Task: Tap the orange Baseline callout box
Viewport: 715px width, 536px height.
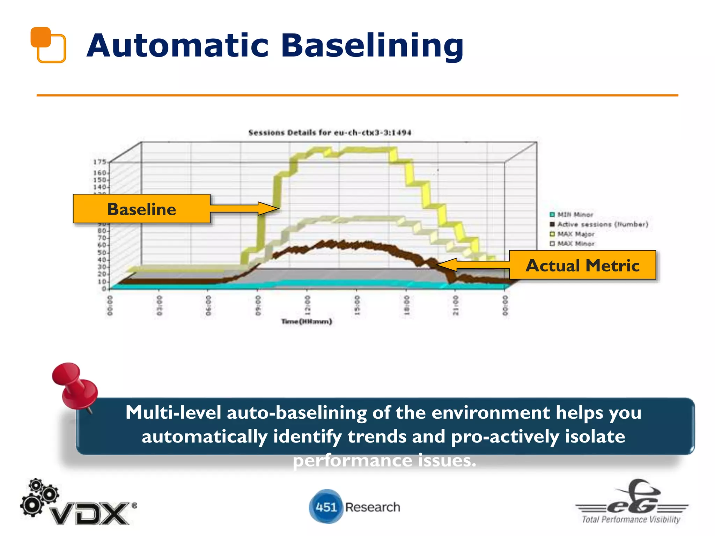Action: click(141, 209)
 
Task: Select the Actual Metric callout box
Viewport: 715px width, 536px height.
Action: click(582, 265)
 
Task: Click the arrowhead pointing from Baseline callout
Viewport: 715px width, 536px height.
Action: click(269, 208)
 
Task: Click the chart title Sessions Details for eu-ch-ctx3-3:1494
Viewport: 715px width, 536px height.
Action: click(330, 133)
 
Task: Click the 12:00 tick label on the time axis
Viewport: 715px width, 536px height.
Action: click(307, 305)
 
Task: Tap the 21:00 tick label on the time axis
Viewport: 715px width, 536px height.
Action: click(456, 305)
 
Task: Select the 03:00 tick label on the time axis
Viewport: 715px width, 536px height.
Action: click(159, 305)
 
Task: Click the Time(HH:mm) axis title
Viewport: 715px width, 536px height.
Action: click(307, 321)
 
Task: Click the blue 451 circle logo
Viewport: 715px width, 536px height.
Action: click(325, 507)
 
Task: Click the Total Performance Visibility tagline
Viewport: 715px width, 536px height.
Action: click(631, 520)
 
